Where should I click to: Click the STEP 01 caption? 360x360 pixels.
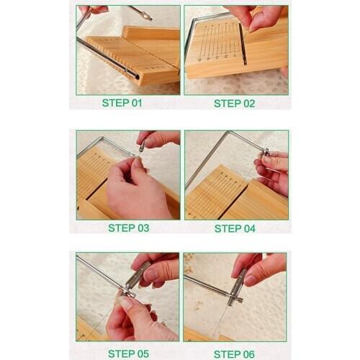(x=122, y=102)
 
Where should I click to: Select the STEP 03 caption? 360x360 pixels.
(x=128, y=228)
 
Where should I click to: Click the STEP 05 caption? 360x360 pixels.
(x=128, y=354)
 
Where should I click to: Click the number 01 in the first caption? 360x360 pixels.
(x=135, y=102)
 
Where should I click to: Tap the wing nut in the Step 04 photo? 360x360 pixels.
(x=265, y=152)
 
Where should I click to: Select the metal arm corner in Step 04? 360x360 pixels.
(x=230, y=134)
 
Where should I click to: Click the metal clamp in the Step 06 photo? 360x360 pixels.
(x=237, y=284)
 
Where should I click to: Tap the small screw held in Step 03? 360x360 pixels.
(x=143, y=147)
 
